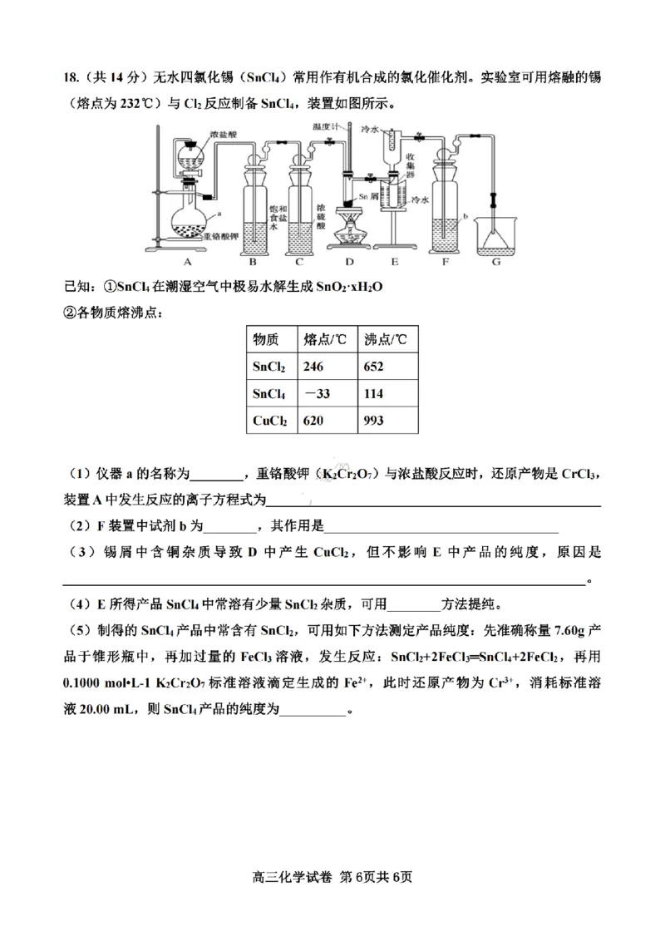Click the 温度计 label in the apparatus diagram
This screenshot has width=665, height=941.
pyautogui.click(x=326, y=126)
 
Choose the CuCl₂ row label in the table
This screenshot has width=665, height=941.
pyautogui.click(x=270, y=421)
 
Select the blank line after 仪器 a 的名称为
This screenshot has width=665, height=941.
pyautogui.click(x=216, y=476)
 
